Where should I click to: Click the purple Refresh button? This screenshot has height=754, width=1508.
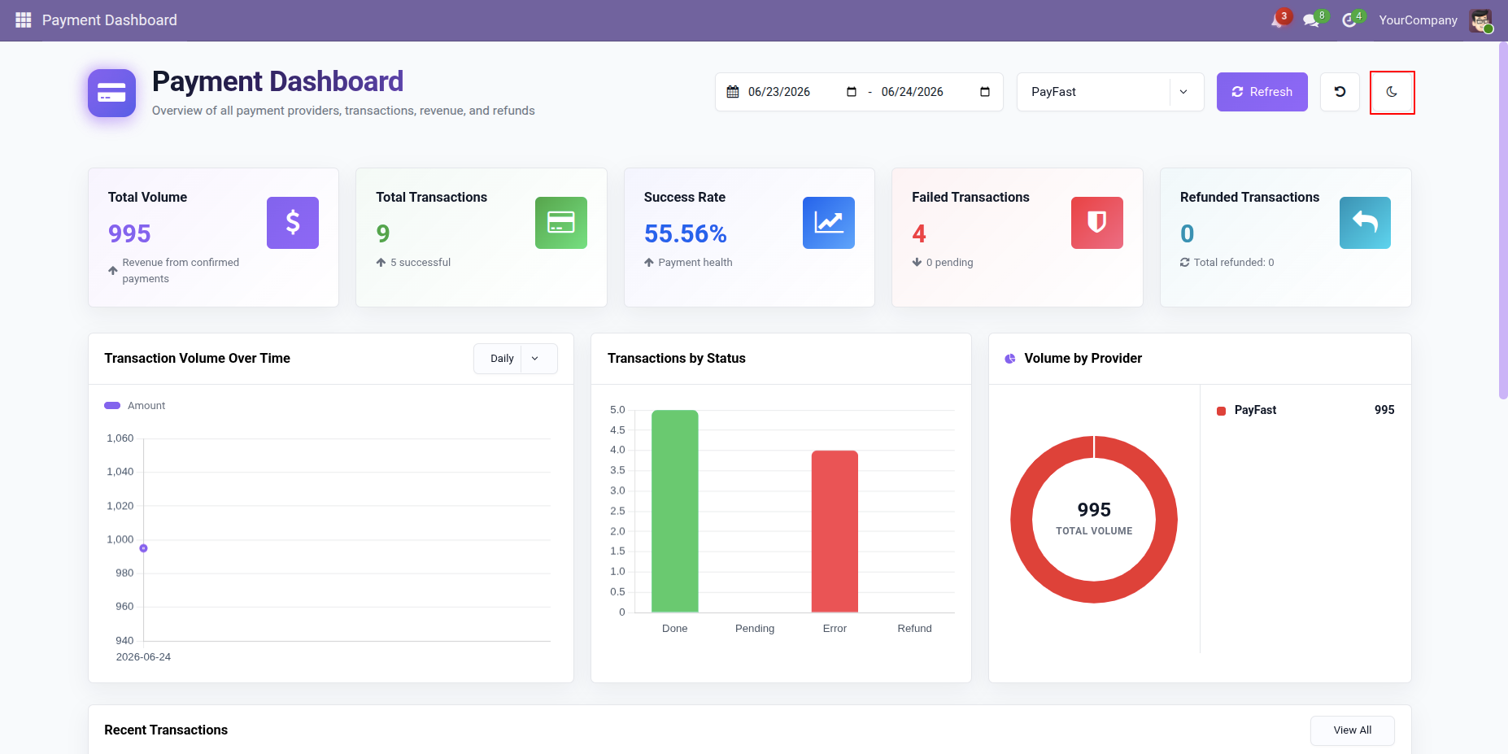(1262, 92)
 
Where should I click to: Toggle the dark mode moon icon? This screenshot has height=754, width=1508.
(1392, 92)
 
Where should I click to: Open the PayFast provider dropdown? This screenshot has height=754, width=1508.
(1110, 92)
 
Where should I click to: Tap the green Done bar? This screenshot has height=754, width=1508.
(675, 511)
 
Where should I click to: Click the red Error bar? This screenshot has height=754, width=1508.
(835, 531)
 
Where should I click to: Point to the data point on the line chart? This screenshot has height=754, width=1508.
(143, 548)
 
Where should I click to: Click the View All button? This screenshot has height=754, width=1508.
(1352, 730)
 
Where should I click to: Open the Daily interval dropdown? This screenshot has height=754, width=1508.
(516, 359)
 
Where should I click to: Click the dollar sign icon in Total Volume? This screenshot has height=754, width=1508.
(293, 223)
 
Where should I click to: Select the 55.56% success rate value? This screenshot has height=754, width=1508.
(686, 234)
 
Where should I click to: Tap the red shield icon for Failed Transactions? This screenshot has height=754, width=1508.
(1097, 223)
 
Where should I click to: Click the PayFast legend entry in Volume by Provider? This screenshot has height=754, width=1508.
(1255, 410)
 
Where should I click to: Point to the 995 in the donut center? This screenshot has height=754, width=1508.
(1094, 510)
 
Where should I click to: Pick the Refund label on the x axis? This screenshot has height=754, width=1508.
(914, 629)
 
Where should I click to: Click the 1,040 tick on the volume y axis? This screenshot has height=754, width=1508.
(120, 472)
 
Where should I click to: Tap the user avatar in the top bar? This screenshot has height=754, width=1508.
(1480, 20)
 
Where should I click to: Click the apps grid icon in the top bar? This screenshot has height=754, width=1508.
(23, 20)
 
